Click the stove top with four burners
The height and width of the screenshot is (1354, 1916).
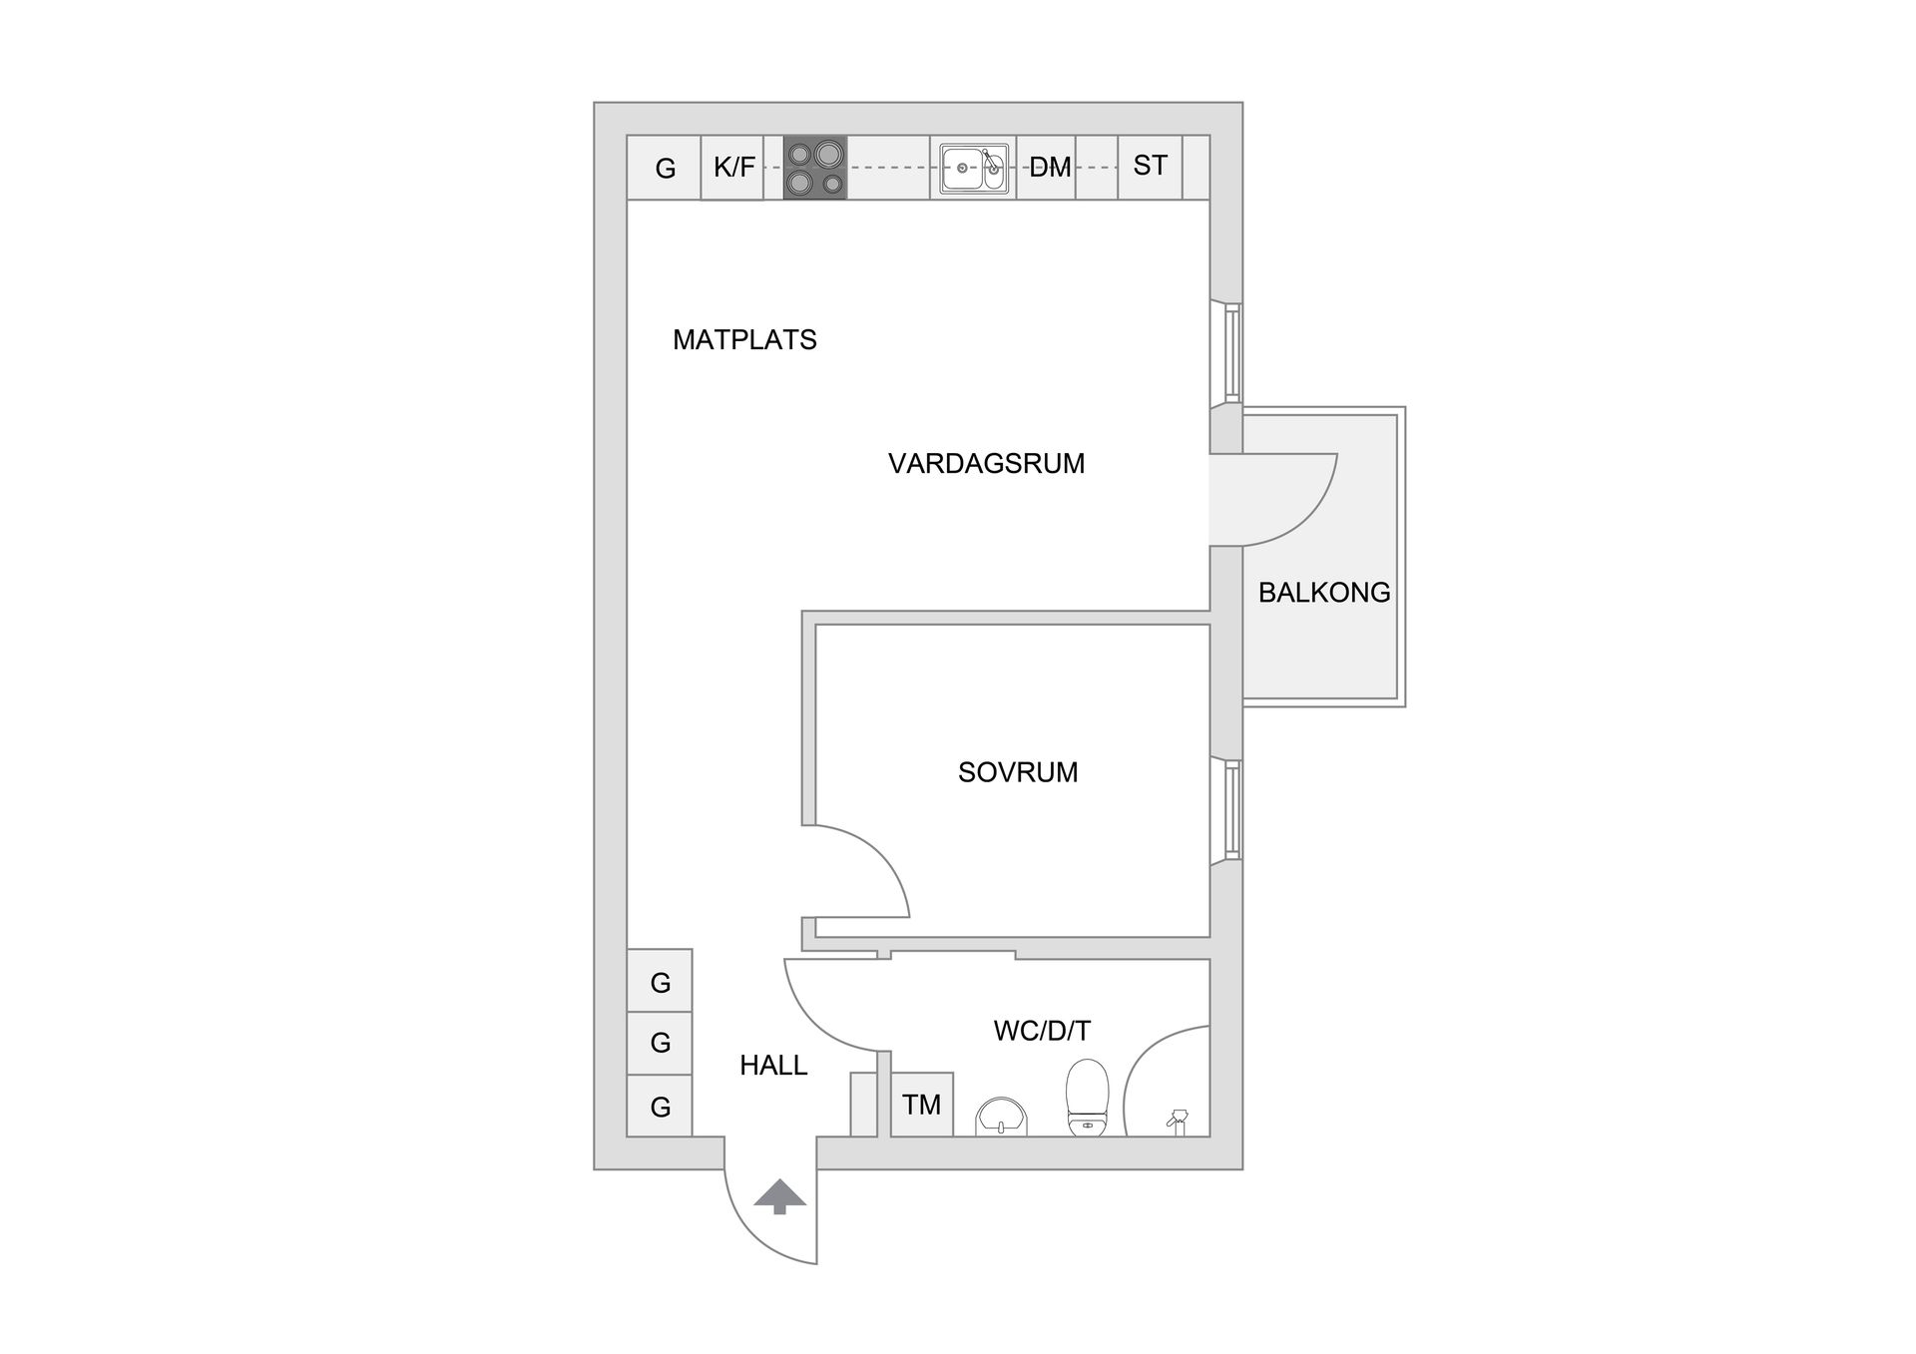814,168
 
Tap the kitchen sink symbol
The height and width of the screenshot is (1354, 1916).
973,168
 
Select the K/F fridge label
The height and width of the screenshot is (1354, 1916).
733,168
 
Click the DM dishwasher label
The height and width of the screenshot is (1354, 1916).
1050,168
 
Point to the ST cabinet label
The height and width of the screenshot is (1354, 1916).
1150,166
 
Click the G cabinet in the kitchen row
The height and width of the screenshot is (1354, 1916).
665,169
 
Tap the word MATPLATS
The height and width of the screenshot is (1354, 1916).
744,340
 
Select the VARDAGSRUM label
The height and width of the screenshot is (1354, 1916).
986,464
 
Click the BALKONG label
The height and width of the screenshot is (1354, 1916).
1323,593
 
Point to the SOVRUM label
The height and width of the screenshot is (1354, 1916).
1018,772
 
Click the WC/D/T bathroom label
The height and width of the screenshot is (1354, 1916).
1042,1031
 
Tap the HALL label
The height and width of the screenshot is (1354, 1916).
773,1066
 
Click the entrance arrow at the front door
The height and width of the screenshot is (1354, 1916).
779,1195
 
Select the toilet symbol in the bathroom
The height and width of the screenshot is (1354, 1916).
1088,1098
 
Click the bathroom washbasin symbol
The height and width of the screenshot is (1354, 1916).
1001,1116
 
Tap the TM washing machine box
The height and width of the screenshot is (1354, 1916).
921,1105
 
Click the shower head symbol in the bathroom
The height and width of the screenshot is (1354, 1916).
1178,1122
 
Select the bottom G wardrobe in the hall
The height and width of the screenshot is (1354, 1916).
660,1106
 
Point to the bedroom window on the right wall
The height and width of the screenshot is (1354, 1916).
1233,809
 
